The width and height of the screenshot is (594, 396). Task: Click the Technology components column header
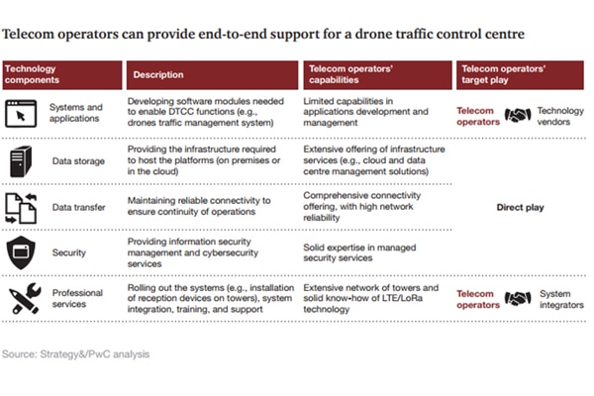(60, 74)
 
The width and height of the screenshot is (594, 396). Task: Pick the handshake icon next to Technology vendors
(518, 115)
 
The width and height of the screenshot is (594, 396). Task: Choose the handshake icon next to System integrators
(518, 298)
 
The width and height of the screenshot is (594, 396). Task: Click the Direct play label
(518, 209)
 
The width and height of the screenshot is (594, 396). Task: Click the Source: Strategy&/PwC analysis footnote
(75, 352)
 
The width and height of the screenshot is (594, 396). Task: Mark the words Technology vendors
(560, 115)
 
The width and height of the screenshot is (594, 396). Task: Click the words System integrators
(560, 298)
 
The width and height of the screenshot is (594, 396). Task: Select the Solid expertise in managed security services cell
(363, 249)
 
